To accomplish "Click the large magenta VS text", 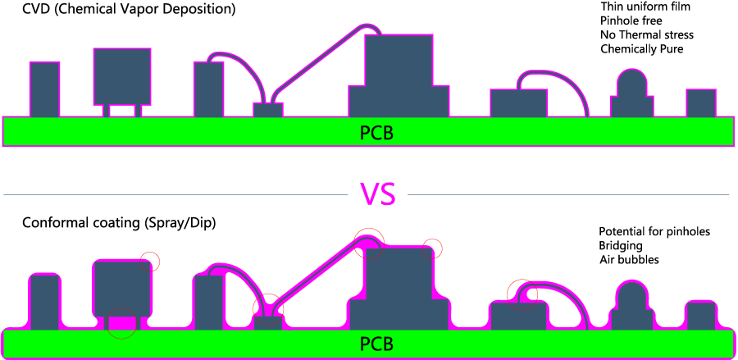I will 378,194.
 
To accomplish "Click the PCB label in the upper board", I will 377,132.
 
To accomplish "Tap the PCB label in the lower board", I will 377,342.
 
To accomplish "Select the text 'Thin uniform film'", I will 646,7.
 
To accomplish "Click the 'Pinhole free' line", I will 630,21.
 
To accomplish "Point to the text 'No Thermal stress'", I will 647,34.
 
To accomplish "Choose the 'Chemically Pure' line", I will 642,49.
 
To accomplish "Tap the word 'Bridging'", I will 621,245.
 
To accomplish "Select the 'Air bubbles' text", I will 629,260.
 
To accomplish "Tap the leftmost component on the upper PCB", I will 44,89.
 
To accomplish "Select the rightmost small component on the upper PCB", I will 701,103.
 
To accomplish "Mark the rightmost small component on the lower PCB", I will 701,316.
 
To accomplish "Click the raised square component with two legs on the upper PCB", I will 123,76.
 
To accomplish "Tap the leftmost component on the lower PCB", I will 44,301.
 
